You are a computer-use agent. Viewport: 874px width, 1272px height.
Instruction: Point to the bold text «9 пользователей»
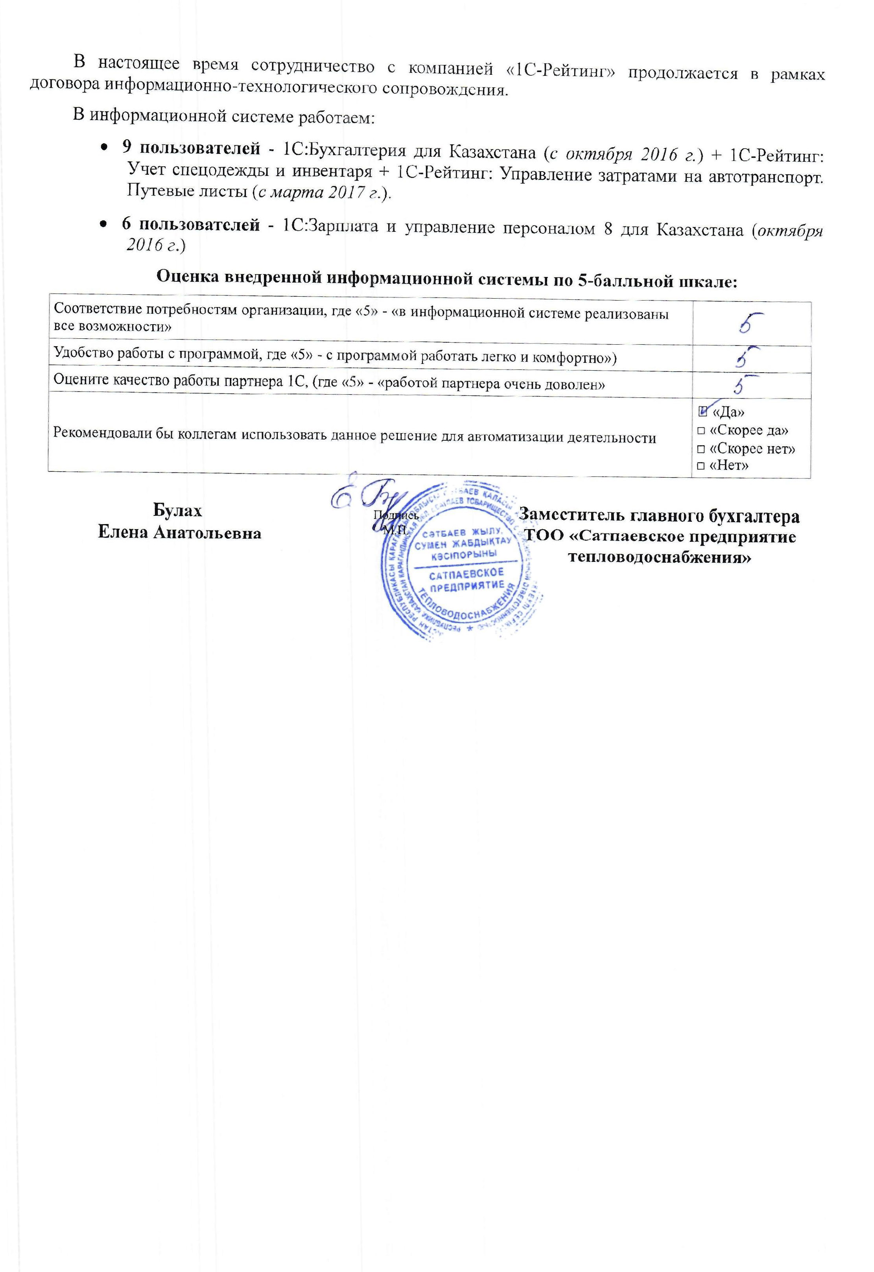click(190, 148)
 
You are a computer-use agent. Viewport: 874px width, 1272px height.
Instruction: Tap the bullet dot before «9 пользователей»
click(104, 149)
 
